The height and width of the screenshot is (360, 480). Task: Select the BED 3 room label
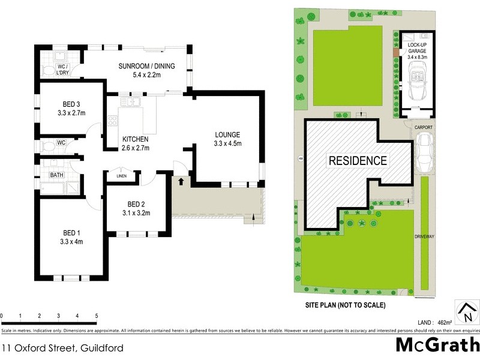click(72, 107)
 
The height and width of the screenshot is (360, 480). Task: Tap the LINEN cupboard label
click(122, 176)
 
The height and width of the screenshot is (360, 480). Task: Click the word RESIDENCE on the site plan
click(357, 161)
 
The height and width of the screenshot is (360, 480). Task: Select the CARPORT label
click(423, 128)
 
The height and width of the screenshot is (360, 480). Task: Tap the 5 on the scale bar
click(96, 316)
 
